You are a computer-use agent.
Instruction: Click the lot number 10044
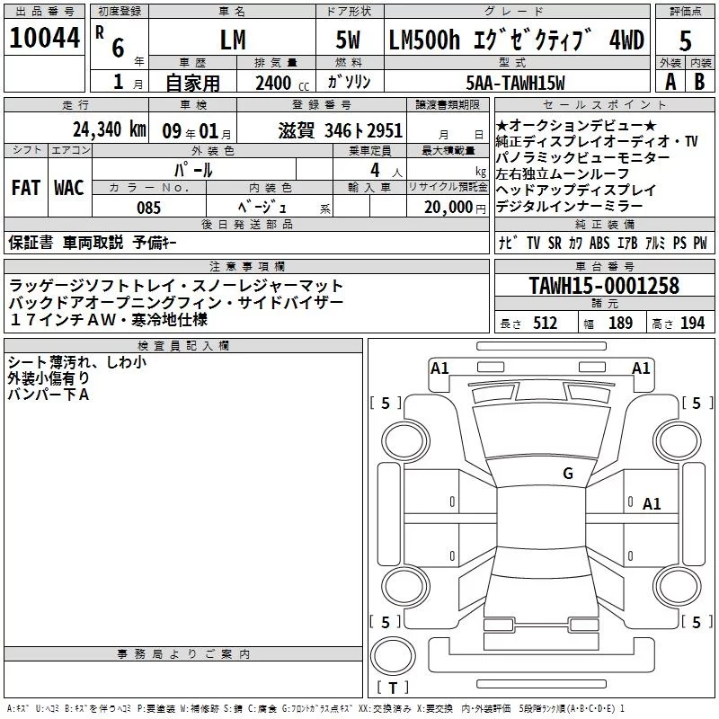pos(44,38)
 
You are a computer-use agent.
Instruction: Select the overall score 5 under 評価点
pos(685,40)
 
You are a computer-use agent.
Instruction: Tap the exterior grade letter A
pos(670,82)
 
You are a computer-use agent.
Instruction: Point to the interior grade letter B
pos(699,82)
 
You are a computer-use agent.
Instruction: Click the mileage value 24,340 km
pos(110,129)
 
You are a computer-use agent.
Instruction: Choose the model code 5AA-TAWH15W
pos(515,83)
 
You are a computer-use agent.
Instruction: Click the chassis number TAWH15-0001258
pos(604,285)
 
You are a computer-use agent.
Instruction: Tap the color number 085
pos(148,208)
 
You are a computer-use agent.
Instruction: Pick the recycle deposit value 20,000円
pos(455,208)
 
